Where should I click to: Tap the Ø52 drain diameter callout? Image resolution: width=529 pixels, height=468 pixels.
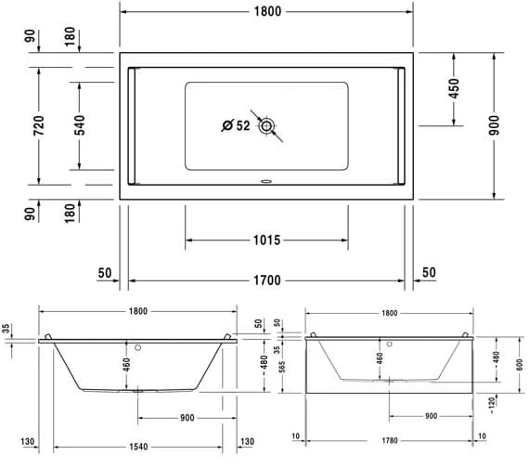tap(236, 126)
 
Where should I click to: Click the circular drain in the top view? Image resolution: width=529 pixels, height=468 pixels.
tap(267, 126)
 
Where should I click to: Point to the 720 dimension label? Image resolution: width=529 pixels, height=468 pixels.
tap(38, 126)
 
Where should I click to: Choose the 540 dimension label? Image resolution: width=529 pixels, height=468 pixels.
tap(79, 126)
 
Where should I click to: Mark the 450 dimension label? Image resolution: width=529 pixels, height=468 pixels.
tap(455, 88)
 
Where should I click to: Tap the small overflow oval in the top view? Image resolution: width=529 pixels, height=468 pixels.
tap(267, 182)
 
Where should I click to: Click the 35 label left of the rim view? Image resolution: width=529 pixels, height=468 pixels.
tap(7, 329)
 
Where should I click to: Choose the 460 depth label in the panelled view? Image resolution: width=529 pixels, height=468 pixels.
tap(379, 357)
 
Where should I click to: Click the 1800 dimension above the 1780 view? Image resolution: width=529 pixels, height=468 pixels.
tap(389, 313)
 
